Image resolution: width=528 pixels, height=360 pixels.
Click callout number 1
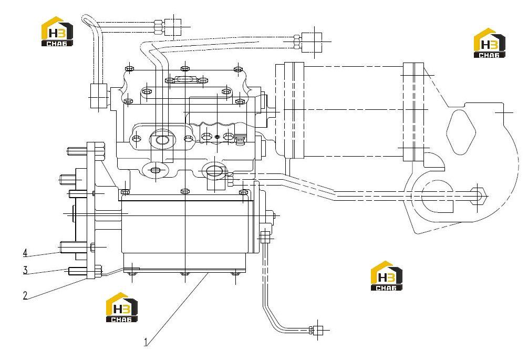click(146, 342)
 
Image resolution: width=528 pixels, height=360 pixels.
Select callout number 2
click(25, 296)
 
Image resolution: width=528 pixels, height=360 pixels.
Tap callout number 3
click(25, 270)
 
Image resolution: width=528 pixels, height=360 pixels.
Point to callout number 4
click(25, 253)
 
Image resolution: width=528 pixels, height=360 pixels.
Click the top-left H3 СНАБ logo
click(57, 32)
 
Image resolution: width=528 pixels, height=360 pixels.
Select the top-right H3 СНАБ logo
click(489, 43)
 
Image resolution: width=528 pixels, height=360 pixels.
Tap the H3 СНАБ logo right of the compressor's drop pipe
click(387, 276)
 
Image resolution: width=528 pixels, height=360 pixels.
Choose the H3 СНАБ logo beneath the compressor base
click(122, 307)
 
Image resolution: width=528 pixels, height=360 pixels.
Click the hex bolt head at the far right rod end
click(479, 196)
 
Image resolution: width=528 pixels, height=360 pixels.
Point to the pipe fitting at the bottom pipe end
click(318, 331)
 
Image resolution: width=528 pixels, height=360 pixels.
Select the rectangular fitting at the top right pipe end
click(312, 43)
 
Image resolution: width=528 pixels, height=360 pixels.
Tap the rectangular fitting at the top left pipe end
click(173, 27)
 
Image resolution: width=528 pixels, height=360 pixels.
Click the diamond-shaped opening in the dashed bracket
click(461, 132)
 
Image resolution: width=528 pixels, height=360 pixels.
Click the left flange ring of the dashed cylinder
click(294, 110)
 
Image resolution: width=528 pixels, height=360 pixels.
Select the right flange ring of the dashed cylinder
click(413, 112)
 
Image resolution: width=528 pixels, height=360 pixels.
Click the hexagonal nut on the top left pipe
click(158, 27)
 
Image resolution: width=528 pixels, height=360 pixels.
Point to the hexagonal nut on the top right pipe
click(297, 42)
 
